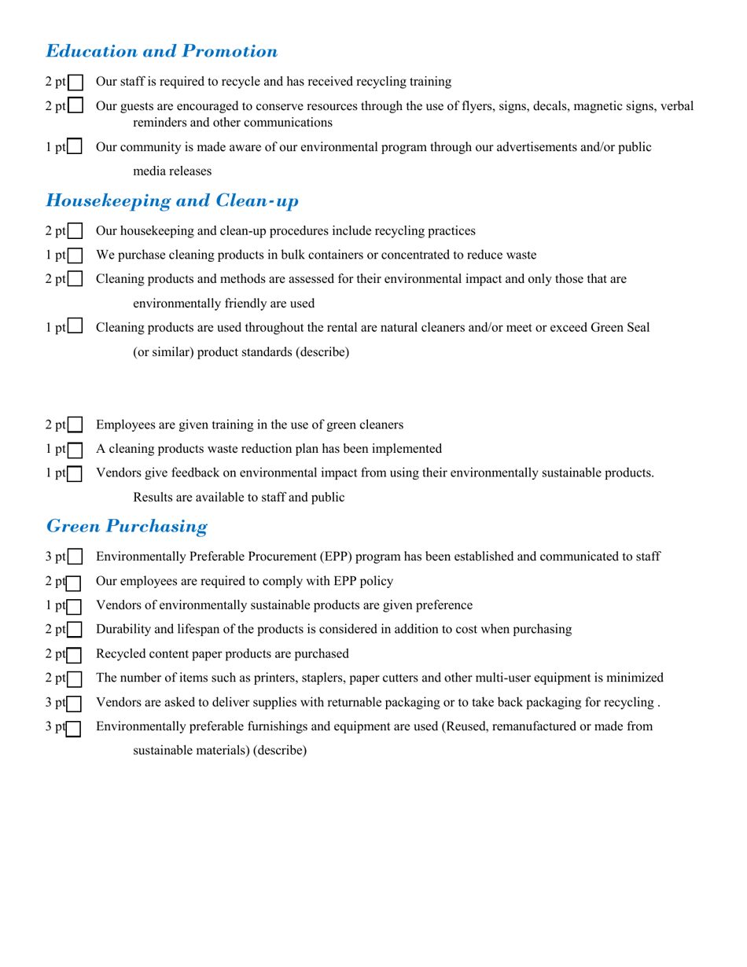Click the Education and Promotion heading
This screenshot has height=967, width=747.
[x=161, y=52]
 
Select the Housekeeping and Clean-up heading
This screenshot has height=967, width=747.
[x=172, y=201]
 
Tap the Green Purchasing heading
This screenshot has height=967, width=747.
[x=127, y=526]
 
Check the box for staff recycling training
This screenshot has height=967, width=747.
[x=75, y=82]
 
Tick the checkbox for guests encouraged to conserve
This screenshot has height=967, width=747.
[x=75, y=105]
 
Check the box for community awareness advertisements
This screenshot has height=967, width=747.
[x=75, y=147]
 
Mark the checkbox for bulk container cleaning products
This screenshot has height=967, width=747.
[x=75, y=256]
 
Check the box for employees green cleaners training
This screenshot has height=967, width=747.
[x=75, y=425]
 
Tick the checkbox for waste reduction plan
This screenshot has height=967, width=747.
[x=75, y=450]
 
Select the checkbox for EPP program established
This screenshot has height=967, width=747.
[x=75, y=557]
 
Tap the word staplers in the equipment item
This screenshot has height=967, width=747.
[x=324, y=678]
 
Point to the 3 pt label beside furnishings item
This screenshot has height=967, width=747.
[x=55, y=727]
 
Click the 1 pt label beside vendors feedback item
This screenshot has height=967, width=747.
[x=55, y=473]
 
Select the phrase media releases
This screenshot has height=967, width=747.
[x=172, y=171]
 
